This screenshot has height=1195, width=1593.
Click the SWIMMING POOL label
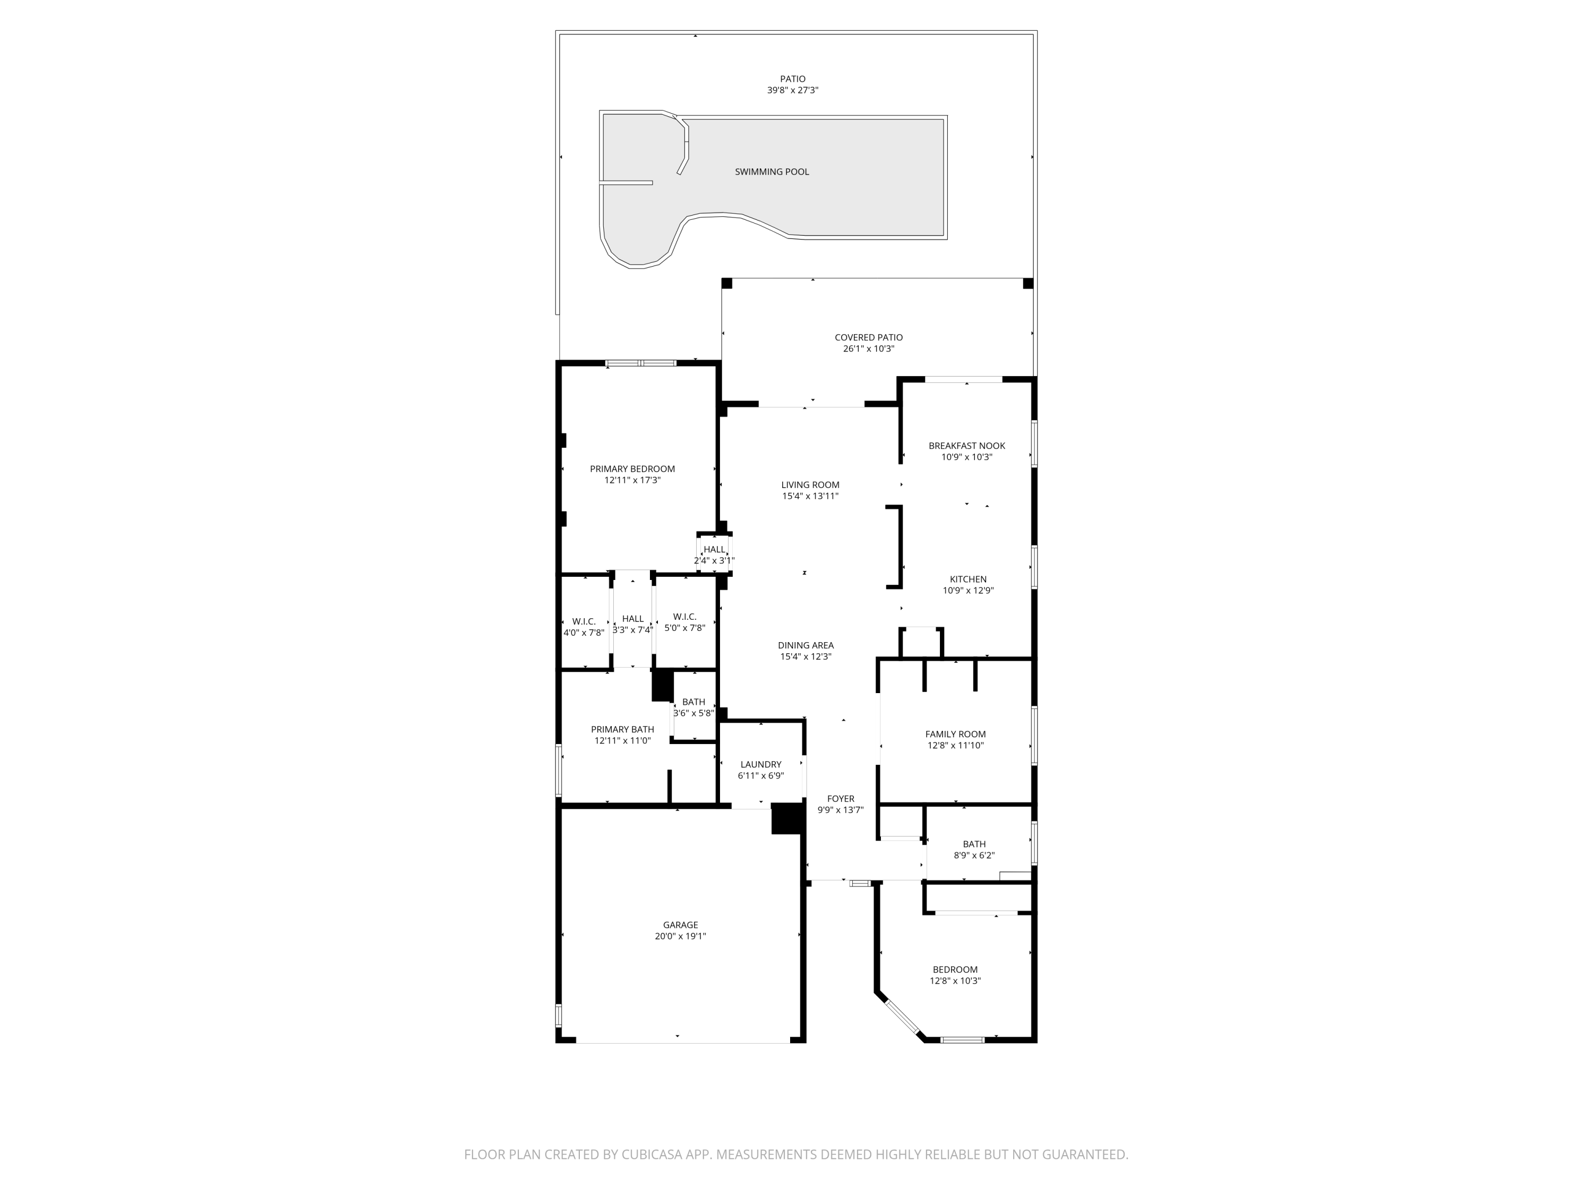coord(772,172)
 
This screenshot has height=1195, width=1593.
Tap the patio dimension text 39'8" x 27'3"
coord(793,91)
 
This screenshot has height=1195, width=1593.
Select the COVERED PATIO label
coord(869,337)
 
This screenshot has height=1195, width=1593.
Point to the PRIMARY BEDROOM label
coord(632,469)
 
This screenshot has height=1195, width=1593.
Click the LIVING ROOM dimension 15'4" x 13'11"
coord(810,496)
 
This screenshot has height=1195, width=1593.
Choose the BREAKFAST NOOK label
coord(966,446)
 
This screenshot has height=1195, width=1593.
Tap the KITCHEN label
coord(968,579)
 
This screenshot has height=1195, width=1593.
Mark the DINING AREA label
coord(806,645)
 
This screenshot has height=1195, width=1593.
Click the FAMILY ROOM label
coord(956,734)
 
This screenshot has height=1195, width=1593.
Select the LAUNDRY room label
coord(760,764)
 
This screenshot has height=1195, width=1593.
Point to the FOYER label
coord(841,799)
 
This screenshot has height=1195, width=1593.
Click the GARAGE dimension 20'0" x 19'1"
coord(681,936)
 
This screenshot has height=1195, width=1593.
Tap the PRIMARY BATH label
coord(622,730)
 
